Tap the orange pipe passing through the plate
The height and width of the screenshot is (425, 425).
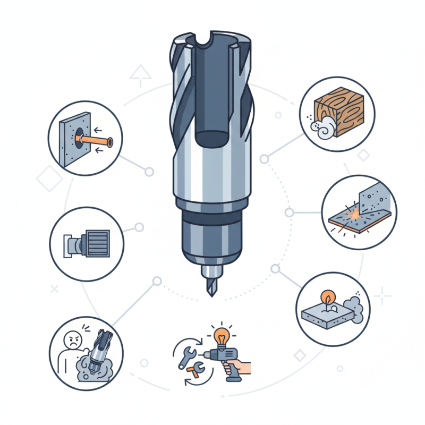pyautogui.click(x=96, y=141)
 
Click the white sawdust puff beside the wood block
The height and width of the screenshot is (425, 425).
pyautogui.click(x=321, y=129)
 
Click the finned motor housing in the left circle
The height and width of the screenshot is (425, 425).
pyautogui.click(x=96, y=243)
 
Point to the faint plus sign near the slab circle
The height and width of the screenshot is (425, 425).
pyautogui.click(x=381, y=296)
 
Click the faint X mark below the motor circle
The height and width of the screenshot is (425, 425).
pyautogui.click(x=54, y=290)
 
